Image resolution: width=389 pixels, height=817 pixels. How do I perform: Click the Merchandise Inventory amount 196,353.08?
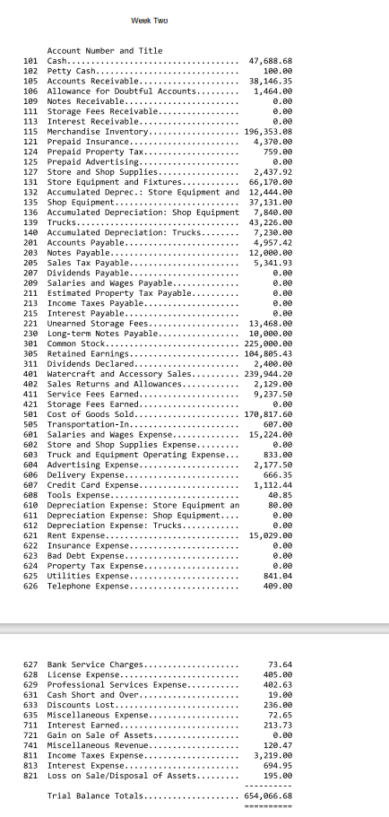pos(268,132)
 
